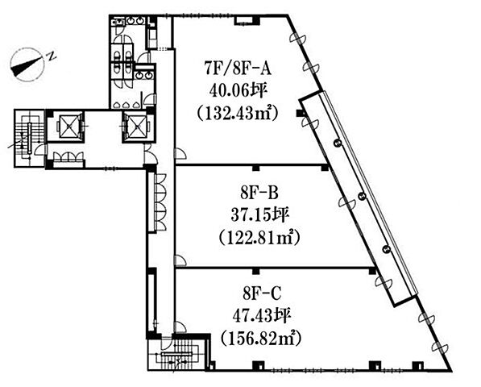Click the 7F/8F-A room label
coord(238,69)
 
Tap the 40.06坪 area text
coord(237,91)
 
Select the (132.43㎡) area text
coord(238,114)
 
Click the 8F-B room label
coord(259,193)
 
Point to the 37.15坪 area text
coord(259,215)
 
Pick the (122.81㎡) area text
coord(259,239)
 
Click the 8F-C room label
coord(262,293)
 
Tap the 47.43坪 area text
coord(261,316)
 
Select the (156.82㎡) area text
coord(261,339)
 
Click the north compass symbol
coord(27,64)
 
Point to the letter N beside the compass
coord(52,56)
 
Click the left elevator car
coord(69,126)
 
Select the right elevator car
coord(136,127)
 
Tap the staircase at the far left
coord(29,138)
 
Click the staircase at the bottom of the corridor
coord(177,354)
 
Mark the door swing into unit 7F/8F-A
coord(180,153)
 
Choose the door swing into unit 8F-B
coord(180,260)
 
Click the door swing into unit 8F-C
coord(180,327)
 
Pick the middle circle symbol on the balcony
coord(362,195)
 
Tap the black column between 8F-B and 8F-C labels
coord(255,271)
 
